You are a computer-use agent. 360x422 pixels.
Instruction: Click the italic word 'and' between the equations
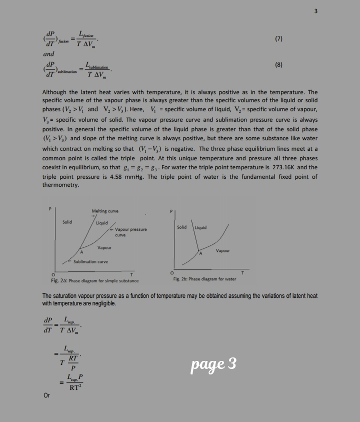click(48, 54)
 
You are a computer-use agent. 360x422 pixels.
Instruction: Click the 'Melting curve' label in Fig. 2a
click(105, 211)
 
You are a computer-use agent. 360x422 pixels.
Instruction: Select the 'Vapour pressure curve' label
click(130, 232)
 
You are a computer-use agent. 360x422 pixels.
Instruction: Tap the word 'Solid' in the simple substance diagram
click(67, 221)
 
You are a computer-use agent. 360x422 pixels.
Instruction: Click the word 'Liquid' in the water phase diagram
click(200, 228)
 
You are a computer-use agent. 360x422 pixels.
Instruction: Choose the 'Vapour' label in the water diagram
click(223, 250)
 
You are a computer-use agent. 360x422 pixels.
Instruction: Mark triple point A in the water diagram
click(201, 254)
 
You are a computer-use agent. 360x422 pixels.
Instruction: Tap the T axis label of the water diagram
click(243, 272)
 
